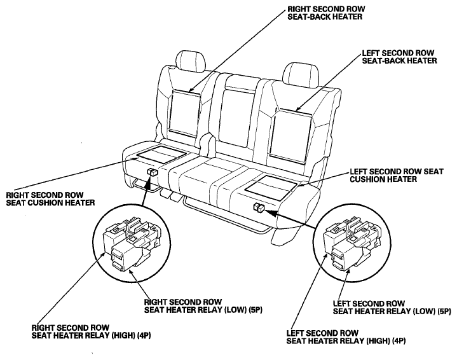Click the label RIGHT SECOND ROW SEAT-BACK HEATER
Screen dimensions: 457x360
tap(326, 13)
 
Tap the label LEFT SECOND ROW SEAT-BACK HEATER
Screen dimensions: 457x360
tap(399, 57)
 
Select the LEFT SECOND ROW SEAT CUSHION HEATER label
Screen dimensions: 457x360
tap(397, 176)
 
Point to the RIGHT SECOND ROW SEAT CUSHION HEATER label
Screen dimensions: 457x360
tap(50, 198)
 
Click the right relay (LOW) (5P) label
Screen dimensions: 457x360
tap(203, 306)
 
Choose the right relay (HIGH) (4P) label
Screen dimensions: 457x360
tap(91, 332)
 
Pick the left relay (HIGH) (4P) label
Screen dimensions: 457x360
tap(346, 337)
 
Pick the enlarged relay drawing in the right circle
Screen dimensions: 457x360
tap(352, 243)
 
